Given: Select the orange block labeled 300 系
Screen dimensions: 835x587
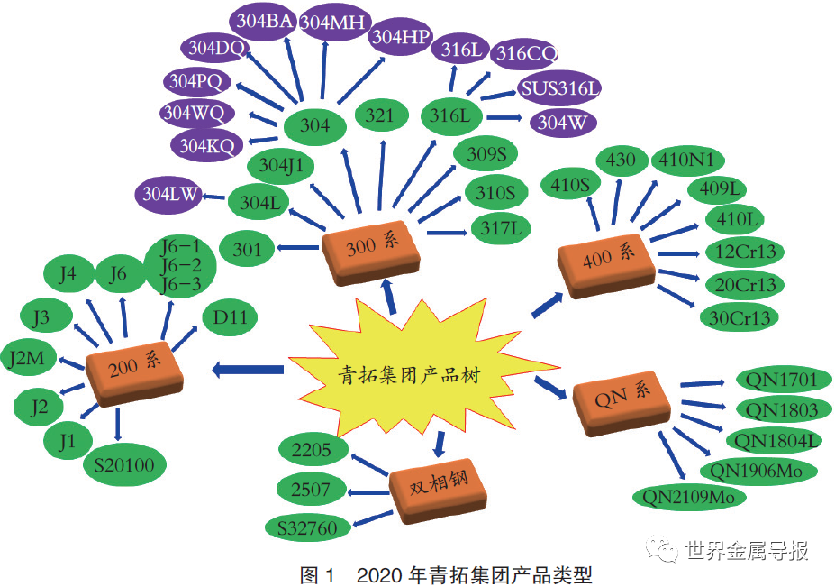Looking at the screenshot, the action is [x=371, y=251].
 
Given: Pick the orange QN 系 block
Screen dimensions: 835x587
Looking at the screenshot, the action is [x=621, y=402].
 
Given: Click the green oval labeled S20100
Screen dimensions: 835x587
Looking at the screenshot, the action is [x=124, y=465].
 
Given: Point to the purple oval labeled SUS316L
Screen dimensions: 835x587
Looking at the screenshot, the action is [x=559, y=88].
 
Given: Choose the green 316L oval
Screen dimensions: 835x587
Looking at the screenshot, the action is [x=451, y=115].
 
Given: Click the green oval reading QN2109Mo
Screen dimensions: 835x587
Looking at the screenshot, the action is [x=689, y=498].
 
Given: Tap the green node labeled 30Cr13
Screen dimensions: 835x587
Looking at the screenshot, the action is [x=740, y=318].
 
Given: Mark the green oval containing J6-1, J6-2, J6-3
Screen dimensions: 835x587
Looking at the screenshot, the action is [x=181, y=267].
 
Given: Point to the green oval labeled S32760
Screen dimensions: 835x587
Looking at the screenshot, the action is [x=308, y=527].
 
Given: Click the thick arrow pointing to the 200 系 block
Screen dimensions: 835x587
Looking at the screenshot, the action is [x=248, y=370].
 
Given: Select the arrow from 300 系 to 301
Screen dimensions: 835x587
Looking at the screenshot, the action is [x=298, y=247].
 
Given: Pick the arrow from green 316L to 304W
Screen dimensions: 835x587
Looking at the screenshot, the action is [x=504, y=118].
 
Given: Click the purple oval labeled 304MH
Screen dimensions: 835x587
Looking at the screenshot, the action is [x=332, y=22].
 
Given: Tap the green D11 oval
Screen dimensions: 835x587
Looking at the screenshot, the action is [x=230, y=318].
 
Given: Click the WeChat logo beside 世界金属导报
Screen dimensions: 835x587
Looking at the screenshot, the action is [x=662, y=548].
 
